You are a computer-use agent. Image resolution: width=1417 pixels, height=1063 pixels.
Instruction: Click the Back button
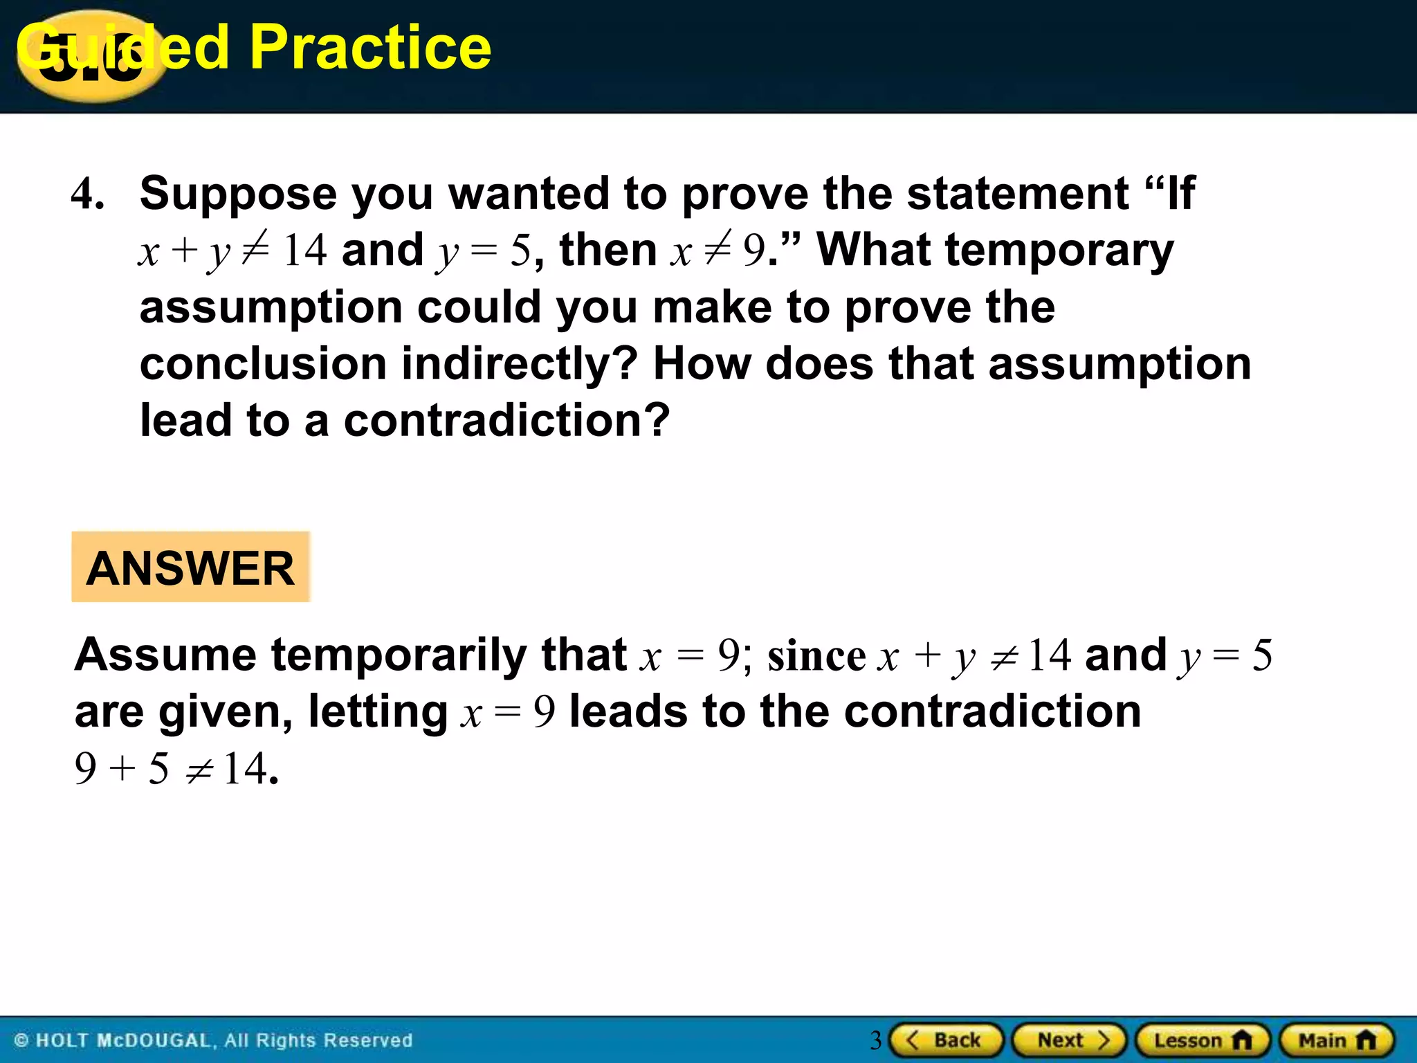[946, 1040]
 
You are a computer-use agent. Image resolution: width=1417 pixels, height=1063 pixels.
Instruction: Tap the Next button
[1070, 1040]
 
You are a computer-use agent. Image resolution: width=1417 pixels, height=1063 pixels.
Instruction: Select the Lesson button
[1203, 1040]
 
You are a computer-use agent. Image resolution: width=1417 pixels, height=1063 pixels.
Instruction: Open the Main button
[1337, 1040]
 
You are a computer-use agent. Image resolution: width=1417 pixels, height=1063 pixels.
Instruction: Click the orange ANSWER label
[191, 567]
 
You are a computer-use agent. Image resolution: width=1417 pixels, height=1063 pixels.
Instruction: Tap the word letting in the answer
[378, 712]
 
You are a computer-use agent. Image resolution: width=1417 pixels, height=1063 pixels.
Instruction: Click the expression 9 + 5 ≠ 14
[176, 769]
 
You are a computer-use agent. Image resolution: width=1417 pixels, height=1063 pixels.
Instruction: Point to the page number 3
[875, 1040]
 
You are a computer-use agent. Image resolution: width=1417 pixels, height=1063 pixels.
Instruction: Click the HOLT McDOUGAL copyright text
[214, 1040]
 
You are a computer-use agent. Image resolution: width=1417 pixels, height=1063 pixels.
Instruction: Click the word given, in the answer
[225, 712]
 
